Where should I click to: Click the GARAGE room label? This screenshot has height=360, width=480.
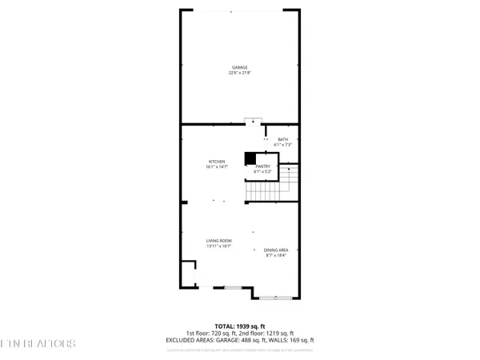pos(240,68)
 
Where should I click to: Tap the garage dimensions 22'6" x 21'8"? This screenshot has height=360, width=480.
pos(240,74)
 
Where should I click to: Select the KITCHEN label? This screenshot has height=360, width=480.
pos(218,161)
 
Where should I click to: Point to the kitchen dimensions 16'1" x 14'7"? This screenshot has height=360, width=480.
pos(218,166)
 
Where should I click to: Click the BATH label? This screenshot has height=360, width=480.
pos(283,139)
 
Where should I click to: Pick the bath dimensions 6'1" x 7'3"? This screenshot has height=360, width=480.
pos(283,145)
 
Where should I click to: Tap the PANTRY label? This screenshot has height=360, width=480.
pos(263,166)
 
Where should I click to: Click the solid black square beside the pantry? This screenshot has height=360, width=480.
pos(250,158)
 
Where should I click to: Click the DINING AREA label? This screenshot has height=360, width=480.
pos(277,250)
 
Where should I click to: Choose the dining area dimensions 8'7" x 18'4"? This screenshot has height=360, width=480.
pos(277,255)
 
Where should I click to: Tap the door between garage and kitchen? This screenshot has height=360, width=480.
pos(254,122)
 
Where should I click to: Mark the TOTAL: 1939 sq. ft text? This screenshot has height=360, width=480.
pos(240,327)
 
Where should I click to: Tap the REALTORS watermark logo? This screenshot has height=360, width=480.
pos(38,343)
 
